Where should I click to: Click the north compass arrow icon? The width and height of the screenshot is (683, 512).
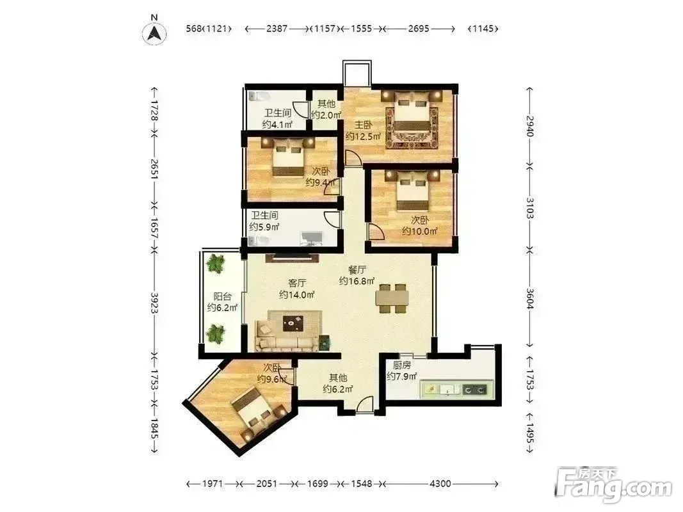pyautogui.click(x=154, y=32)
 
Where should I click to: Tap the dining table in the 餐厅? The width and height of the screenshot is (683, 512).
pyautogui.click(x=392, y=298)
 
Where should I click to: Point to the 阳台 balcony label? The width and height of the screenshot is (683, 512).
pyautogui.click(x=222, y=296)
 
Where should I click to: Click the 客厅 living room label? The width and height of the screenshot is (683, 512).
pyautogui.click(x=297, y=284)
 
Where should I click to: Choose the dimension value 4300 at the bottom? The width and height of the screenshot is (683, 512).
pyautogui.click(x=440, y=483)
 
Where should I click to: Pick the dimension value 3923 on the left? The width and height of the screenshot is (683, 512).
pyautogui.click(x=154, y=303)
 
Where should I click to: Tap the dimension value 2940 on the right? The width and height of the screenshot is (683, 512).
pyautogui.click(x=529, y=126)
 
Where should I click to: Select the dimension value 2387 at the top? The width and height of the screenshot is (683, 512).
pyautogui.click(x=277, y=28)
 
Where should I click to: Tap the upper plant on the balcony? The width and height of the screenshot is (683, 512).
pyautogui.click(x=216, y=264)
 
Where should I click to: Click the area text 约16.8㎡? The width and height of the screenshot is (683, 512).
pyautogui.click(x=357, y=281)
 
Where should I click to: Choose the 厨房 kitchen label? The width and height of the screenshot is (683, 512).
pyautogui.click(x=401, y=365)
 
